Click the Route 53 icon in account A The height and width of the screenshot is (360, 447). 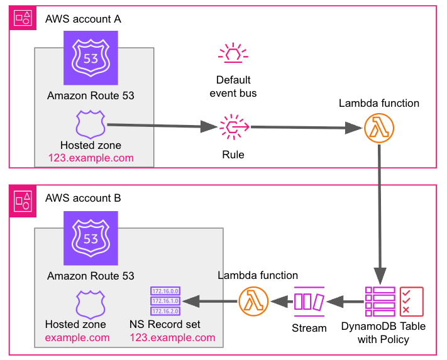pyautogui.click(x=91, y=58)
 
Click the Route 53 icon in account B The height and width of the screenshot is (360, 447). pyautogui.click(x=91, y=237)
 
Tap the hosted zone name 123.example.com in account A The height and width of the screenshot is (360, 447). pyautogui.click(x=91, y=158)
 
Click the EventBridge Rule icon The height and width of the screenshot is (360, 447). pyautogui.click(x=233, y=128)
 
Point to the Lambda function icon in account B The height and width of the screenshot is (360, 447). pyautogui.click(x=254, y=302)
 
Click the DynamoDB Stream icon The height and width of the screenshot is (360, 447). pyautogui.click(x=309, y=302)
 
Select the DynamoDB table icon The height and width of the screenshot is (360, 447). pyautogui.click(x=380, y=302)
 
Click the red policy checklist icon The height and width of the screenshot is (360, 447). pyautogui.click(x=412, y=302)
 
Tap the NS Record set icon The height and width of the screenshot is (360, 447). pyautogui.click(x=165, y=300)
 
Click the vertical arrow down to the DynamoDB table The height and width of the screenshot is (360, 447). pyautogui.click(x=379, y=214)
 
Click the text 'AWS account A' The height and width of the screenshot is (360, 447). pyautogui.click(x=83, y=18)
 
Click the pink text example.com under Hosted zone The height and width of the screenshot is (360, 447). pyautogui.click(x=77, y=337)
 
